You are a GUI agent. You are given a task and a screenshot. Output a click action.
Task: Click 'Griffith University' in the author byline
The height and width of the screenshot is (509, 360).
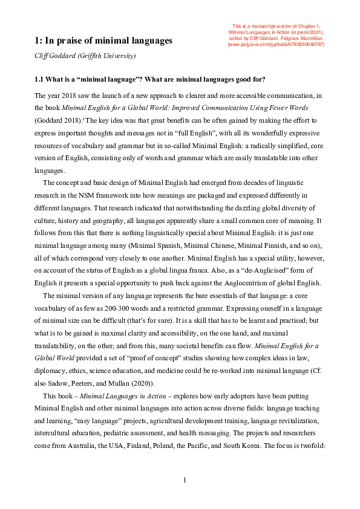coord(110,56)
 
